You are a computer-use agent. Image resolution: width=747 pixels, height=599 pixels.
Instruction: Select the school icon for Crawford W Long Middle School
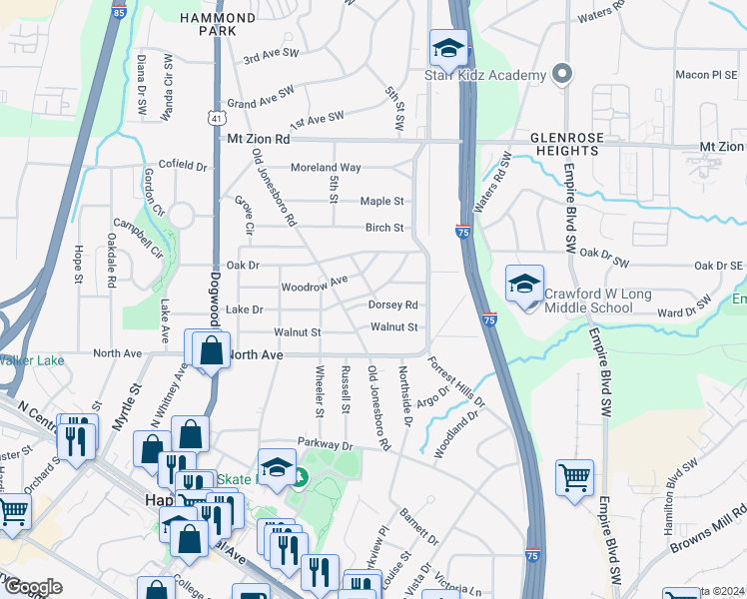pyautogui.click(x=524, y=285)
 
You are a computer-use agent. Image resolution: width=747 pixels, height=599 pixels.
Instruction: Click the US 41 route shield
pyautogui.click(x=216, y=118)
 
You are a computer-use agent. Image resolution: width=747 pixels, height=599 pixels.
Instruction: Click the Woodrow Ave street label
pyautogui.click(x=314, y=284)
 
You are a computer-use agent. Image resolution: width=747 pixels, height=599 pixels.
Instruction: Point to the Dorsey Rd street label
pyautogui.click(x=392, y=304)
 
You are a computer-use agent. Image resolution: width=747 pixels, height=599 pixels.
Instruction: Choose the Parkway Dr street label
pyautogui.click(x=326, y=442)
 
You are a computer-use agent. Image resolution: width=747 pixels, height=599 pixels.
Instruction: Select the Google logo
pyautogui.click(x=32, y=587)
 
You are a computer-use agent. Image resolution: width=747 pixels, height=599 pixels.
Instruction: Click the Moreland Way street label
pyautogui.click(x=325, y=168)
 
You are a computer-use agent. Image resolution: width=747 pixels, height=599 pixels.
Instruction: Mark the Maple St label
pyautogui.click(x=381, y=202)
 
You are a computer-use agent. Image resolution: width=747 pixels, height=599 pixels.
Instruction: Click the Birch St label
pyautogui.click(x=383, y=228)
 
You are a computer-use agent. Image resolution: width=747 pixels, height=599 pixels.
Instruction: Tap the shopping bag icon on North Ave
pyautogui.click(x=210, y=350)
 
